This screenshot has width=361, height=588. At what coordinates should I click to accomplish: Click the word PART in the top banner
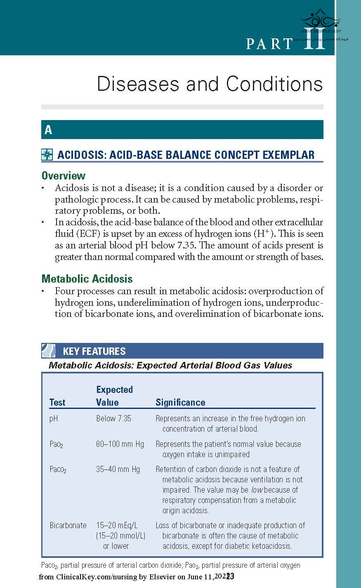point(269,44)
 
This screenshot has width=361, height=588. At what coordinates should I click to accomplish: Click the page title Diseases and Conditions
point(210,84)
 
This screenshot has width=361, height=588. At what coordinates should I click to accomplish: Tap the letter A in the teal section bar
point(48,130)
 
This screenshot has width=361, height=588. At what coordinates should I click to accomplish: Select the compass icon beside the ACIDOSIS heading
point(47,155)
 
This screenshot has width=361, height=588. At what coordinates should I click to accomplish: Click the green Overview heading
point(64,176)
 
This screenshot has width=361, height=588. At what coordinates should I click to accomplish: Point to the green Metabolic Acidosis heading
point(87,279)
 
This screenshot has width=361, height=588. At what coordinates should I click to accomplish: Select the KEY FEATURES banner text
point(94,351)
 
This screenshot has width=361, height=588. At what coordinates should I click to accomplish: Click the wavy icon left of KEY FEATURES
point(49,351)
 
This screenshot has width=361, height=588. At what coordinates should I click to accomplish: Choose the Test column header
point(57,402)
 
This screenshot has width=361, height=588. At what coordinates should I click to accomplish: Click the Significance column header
point(180,402)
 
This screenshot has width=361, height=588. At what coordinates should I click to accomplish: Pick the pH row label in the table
point(54,418)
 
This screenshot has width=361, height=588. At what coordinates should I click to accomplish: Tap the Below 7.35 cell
point(113,418)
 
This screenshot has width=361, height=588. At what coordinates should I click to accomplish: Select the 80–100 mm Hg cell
point(120,444)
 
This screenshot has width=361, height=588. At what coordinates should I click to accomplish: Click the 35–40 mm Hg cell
point(118,469)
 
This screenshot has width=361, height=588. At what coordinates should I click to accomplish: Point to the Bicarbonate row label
point(68,525)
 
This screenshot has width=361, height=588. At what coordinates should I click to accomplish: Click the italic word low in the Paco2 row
point(257,490)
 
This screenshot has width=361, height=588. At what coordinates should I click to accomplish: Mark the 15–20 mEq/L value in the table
point(117,525)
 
